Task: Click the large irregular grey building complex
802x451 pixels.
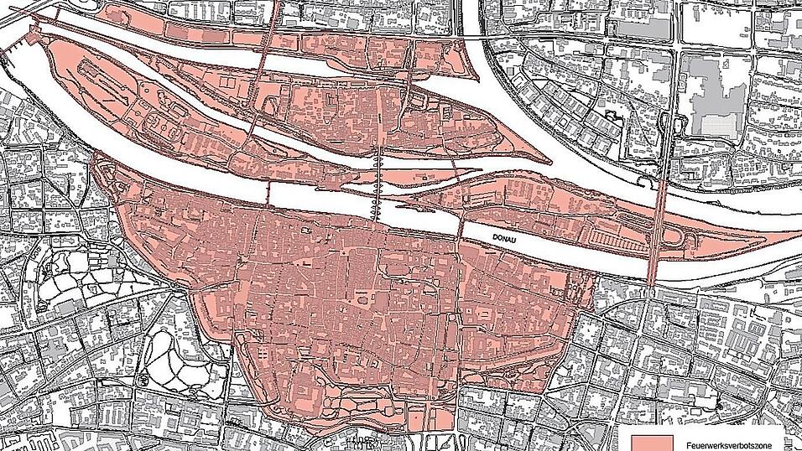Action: point(713,96)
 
